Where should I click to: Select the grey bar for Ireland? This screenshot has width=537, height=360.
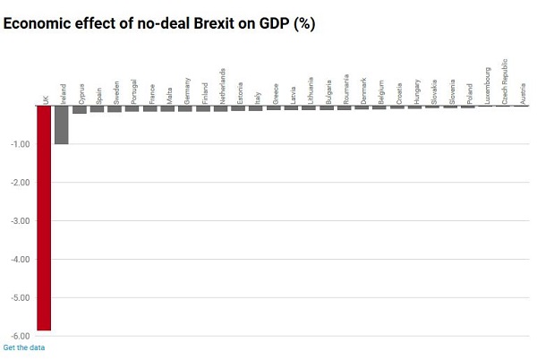point(61,125)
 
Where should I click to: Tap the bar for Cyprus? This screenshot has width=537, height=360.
point(79,110)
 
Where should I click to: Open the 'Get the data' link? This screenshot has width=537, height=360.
point(24,347)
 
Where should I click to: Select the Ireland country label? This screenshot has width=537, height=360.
point(63,93)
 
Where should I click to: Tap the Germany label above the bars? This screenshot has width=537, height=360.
point(187,91)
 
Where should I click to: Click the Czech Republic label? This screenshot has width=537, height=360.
point(505,82)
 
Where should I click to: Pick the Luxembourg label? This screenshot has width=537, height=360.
point(488,86)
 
